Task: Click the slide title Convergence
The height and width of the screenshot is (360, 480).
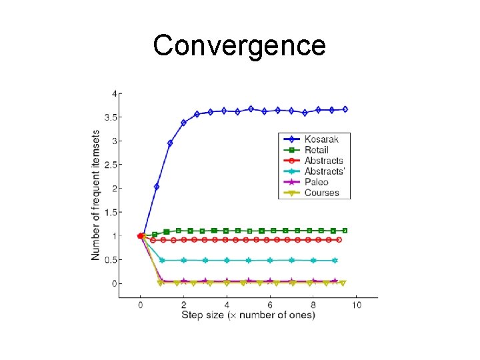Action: click(x=239, y=45)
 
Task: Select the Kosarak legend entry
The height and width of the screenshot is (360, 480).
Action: click(x=321, y=139)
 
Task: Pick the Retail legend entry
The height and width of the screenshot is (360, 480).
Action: click(x=316, y=150)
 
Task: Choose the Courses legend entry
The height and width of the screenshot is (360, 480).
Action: click(x=321, y=193)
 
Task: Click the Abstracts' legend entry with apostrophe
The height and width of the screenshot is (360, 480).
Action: click(x=325, y=171)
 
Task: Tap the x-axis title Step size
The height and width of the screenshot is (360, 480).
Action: click(x=248, y=315)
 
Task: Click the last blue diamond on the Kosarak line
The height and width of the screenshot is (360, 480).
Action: click(x=345, y=109)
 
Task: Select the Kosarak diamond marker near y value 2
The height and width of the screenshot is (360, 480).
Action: click(x=157, y=187)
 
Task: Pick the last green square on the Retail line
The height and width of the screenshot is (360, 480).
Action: click(x=345, y=231)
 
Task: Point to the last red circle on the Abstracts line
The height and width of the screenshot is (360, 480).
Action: click(x=339, y=239)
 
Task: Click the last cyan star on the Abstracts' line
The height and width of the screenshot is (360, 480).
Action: click(x=335, y=260)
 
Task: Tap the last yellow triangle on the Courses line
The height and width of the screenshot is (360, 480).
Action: click(x=343, y=283)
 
